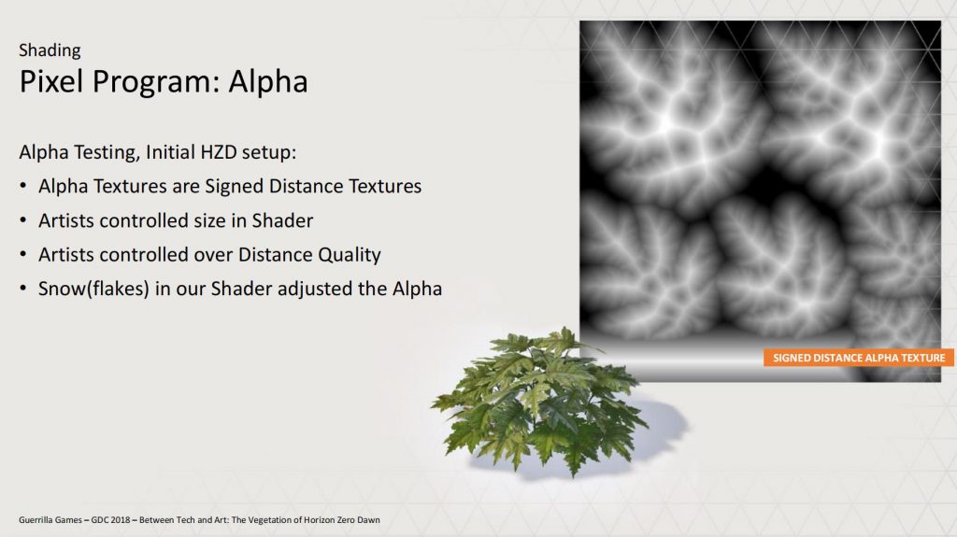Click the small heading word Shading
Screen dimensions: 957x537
50,50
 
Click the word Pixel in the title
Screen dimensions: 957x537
51,81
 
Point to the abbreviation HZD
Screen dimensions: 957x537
218,152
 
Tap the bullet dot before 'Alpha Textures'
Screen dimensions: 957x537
23,186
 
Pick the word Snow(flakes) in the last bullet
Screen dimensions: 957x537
93,290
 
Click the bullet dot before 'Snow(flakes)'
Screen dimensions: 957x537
23,288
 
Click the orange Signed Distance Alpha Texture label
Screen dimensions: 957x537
858,359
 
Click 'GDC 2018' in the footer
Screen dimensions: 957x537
110,520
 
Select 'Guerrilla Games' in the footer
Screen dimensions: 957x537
50,520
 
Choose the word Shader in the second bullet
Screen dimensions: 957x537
282,220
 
